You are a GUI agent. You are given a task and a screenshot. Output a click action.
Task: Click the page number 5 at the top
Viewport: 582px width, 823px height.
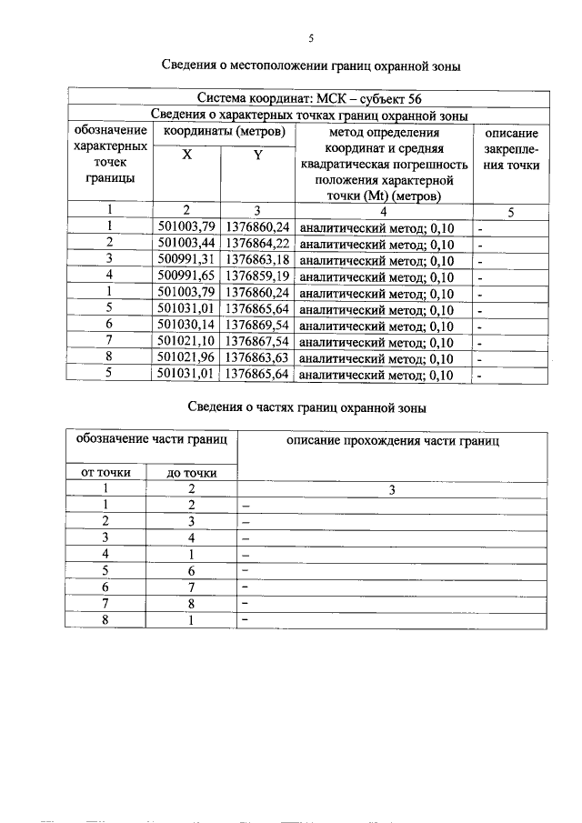(311, 38)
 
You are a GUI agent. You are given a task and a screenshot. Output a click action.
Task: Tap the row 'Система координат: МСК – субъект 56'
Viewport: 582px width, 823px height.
(308, 99)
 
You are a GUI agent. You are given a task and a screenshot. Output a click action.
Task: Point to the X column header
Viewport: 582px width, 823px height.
(186, 156)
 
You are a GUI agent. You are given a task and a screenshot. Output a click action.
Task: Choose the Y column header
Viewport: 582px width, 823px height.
(257, 156)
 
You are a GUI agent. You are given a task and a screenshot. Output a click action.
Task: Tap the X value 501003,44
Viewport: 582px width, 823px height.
(186, 244)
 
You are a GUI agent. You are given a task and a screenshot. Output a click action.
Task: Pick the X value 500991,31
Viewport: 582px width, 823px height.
(186, 260)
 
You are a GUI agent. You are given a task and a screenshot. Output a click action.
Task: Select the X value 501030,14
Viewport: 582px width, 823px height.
(186, 326)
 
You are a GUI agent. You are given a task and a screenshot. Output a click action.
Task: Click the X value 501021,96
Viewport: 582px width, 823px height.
(186, 358)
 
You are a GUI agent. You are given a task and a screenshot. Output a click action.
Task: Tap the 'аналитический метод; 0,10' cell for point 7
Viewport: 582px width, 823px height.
(376, 343)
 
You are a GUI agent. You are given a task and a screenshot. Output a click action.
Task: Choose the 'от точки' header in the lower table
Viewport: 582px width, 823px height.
(106, 472)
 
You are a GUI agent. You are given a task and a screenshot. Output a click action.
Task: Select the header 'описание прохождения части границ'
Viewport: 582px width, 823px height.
(393, 440)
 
